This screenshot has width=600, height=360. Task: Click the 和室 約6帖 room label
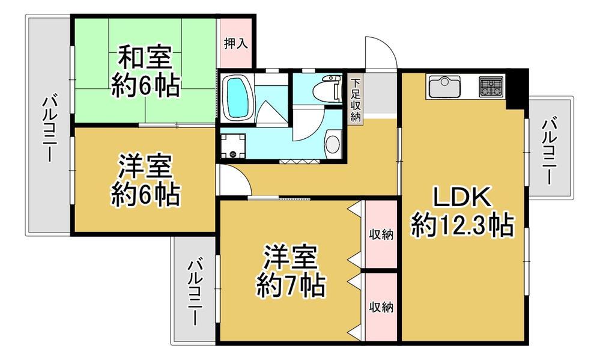tap(145, 72)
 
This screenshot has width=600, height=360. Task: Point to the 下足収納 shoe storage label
tap(356, 100)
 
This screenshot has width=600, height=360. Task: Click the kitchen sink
tap(444, 87)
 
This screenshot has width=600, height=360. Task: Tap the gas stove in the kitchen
tap(490, 87)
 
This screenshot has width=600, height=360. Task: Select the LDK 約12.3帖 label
tap(462, 212)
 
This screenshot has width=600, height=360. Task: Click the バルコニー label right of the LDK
tap(550, 151)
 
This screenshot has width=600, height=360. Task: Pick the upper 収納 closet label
tap(381, 234)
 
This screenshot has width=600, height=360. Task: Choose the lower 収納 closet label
tap(381, 307)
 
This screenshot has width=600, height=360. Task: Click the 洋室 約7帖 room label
tap(291, 272)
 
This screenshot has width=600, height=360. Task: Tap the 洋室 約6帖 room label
tap(145, 180)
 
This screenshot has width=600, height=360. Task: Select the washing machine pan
tap(232, 145)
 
